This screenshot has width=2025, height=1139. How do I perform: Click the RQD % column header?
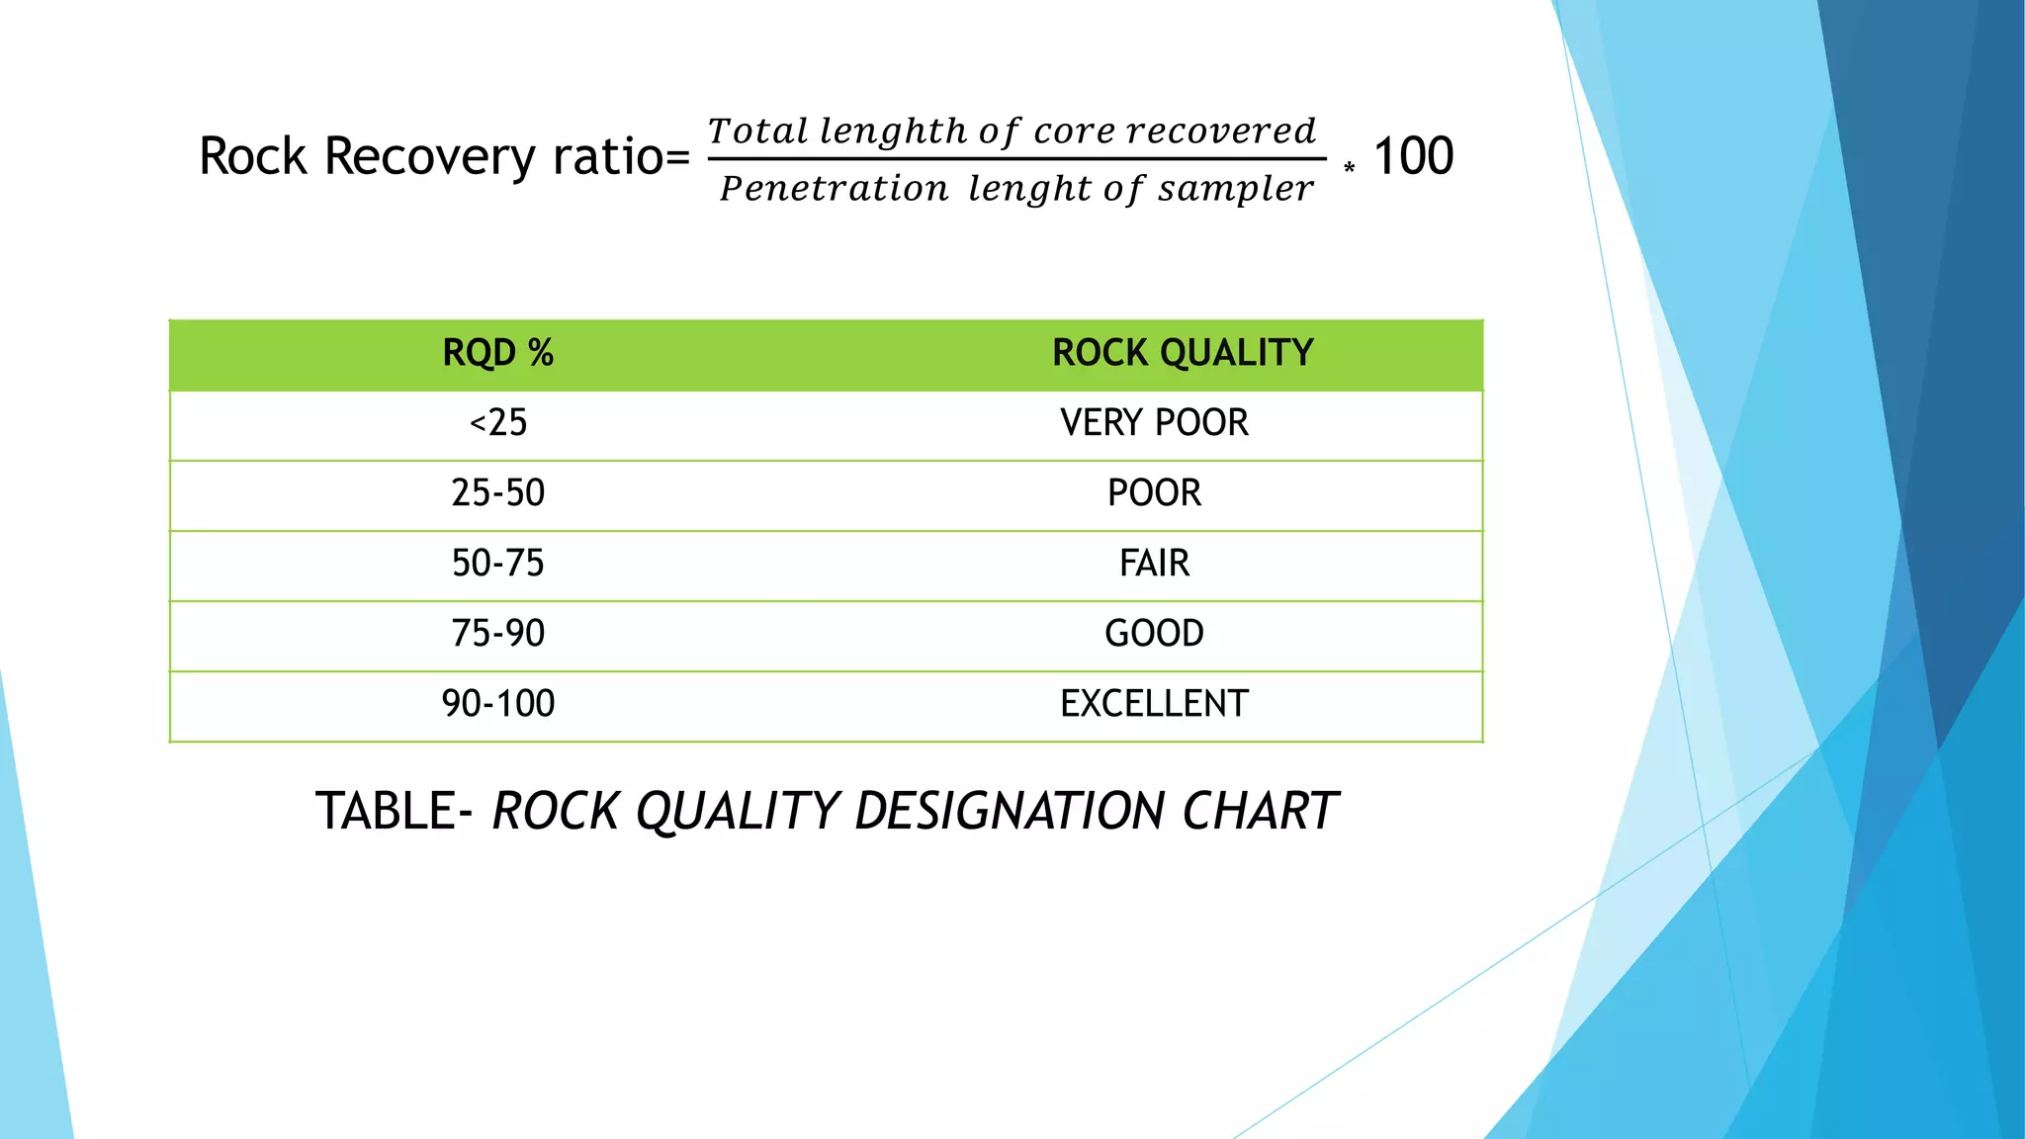pos(497,353)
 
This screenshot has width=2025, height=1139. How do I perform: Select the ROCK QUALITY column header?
pos(1182,353)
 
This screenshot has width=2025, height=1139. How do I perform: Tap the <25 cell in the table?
pos(497,423)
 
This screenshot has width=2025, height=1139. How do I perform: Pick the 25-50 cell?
pos(497,493)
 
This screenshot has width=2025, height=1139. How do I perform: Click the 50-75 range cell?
pos(497,564)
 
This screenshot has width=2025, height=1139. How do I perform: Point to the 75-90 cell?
pos(497,634)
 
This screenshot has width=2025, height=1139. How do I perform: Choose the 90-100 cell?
pos(497,704)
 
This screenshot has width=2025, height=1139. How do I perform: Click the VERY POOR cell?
pos(1154,423)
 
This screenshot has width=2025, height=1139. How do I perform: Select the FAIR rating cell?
pos(1154,564)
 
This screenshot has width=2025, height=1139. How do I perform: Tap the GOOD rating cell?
pos(1154,634)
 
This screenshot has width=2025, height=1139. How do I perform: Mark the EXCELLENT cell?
pos(1154,704)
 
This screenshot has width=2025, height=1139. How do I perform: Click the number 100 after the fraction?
pos(1413,156)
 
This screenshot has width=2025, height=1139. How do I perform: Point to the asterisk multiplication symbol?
pos(1349,168)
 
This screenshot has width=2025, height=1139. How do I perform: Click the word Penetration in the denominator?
pos(834,188)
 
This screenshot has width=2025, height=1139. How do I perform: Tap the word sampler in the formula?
pos(1236,188)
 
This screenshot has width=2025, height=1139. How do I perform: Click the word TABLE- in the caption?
pos(396,811)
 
